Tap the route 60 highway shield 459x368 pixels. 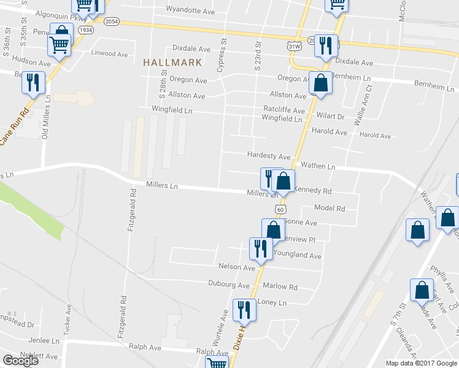pyautogui.click(x=280, y=209)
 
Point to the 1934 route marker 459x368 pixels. pyautogui.click(x=87, y=29)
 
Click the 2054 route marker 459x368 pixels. pyautogui.click(x=111, y=21)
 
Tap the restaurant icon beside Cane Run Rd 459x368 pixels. pyautogui.click(x=33, y=83)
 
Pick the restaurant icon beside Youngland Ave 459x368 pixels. pyautogui.click(x=260, y=248)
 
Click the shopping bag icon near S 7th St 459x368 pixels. pyautogui.click(x=422, y=291)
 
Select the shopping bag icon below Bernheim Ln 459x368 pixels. pyautogui.click(x=320, y=83)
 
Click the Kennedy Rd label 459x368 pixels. pyautogui.click(x=313, y=190)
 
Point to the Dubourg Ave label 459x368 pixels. pyautogui.click(x=229, y=285)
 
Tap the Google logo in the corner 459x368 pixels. pyautogui.click(x=20, y=361)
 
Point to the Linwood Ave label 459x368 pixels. pyautogui.click(x=109, y=54)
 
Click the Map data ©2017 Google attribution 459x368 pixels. pyautogui.click(x=421, y=363)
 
